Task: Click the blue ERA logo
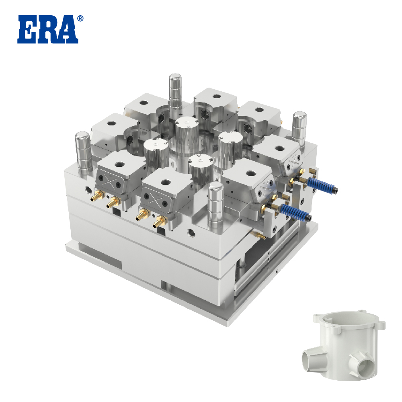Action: (x=48, y=29)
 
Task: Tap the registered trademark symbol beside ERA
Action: (x=80, y=18)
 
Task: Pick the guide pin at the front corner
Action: (x=215, y=205)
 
